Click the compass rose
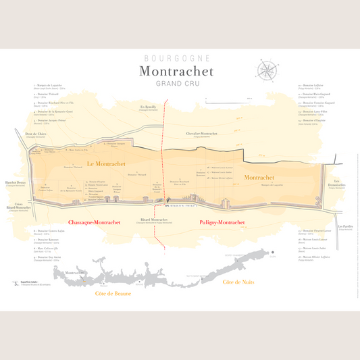(267, 69)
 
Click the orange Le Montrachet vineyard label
(106, 164)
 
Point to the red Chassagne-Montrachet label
(95, 222)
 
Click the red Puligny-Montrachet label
(222, 222)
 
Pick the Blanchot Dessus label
(15, 182)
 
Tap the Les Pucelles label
(345, 227)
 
